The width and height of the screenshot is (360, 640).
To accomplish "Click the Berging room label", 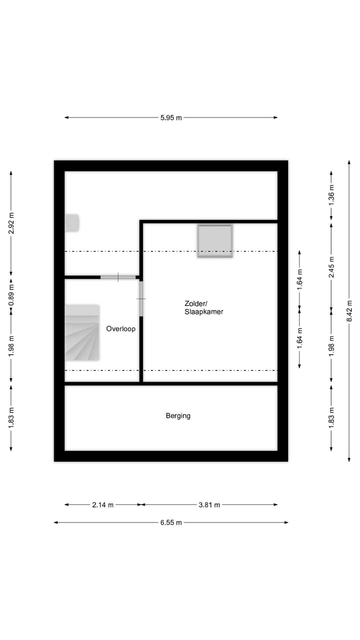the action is (178, 416).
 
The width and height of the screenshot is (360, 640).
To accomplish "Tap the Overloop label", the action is (121, 329).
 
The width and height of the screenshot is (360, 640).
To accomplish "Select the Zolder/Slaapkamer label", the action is (203, 307).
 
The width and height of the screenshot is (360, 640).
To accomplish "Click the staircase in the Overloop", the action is (82, 333).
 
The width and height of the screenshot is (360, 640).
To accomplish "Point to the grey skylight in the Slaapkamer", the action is (215, 241).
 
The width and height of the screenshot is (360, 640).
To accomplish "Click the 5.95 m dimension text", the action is (171, 117).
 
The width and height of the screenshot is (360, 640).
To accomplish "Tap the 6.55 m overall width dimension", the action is (171, 522).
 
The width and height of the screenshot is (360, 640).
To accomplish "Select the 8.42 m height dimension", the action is (349, 311).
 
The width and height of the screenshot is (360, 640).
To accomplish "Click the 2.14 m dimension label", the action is (103, 505).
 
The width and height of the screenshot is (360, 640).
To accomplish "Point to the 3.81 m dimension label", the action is (209, 505).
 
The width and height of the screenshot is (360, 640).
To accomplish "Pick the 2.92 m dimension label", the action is (11, 223).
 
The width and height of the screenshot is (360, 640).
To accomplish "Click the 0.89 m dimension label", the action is (11, 295).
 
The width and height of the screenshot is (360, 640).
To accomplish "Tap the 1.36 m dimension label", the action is (331, 195).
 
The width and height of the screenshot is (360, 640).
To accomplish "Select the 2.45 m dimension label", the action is (331, 267).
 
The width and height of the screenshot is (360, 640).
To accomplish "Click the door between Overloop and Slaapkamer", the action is (141, 299).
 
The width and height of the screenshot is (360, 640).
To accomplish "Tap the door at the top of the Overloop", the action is (118, 277).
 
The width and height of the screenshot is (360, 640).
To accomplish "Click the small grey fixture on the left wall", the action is (72, 223).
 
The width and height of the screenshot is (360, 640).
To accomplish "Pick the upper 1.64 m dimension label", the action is (299, 279).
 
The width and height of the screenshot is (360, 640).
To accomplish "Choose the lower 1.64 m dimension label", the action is (299, 338).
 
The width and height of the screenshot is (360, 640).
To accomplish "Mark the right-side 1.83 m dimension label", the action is (331, 417).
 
